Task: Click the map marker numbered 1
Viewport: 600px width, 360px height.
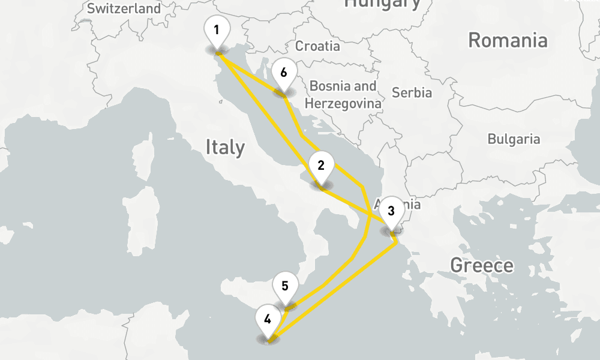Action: [x=217, y=30]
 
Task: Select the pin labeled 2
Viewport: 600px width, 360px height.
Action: [x=321, y=166]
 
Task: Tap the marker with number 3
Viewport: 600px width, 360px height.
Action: [x=391, y=211]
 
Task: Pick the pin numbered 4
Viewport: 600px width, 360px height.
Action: [x=267, y=319]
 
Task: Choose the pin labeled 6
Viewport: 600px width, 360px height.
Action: [x=283, y=73]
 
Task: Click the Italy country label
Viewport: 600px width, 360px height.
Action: [x=225, y=147]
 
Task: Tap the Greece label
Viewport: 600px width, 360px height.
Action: [x=482, y=265]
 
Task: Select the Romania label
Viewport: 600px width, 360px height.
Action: [x=508, y=40]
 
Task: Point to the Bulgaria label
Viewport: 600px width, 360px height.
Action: [x=514, y=139]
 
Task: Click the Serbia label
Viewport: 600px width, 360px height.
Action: [x=412, y=92]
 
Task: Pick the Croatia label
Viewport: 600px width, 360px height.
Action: [x=317, y=46]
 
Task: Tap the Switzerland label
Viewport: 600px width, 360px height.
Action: [x=124, y=8]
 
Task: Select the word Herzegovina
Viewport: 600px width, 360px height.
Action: [x=343, y=103]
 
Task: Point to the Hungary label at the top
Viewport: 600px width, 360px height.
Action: [x=382, y=4]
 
